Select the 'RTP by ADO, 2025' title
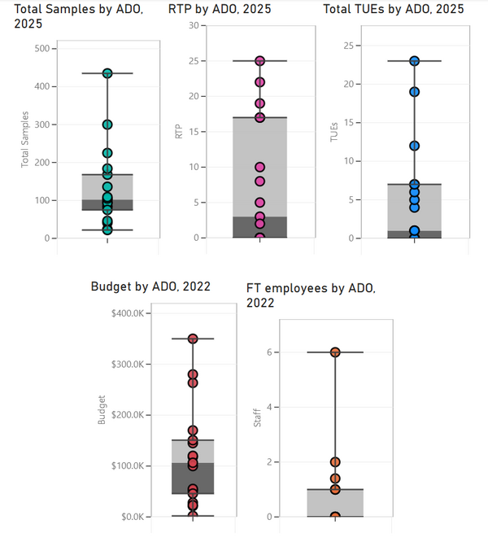pos(219,9)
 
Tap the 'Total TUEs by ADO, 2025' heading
pos(394,9)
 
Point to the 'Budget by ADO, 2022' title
pos(150,286)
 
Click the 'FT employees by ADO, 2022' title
pos(312,295)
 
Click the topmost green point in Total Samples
pos(107,73)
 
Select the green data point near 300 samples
pos(107,125)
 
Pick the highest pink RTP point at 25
pos(259,61)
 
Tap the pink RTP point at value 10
pos(259,167)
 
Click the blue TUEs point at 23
pos(414,61)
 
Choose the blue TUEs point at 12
pos(414,146)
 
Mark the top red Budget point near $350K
pos(193,339)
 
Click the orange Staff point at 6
pos(335,352)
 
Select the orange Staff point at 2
pos(335,461)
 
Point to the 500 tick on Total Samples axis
pos(41,48)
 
